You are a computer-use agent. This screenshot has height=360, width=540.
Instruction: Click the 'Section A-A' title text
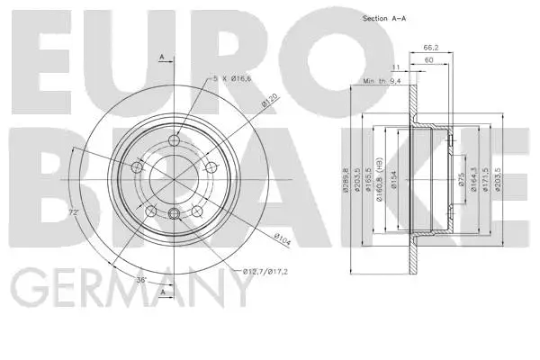point(386,18)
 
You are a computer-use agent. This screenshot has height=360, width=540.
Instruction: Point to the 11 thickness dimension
point(394,67)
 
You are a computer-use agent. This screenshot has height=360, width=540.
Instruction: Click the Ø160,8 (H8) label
point(382,176)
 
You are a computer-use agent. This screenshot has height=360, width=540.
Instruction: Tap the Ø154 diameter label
point(392,179)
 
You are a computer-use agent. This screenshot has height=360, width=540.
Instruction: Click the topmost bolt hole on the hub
point(173,139)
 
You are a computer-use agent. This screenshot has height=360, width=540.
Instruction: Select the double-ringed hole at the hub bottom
point(173,212)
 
